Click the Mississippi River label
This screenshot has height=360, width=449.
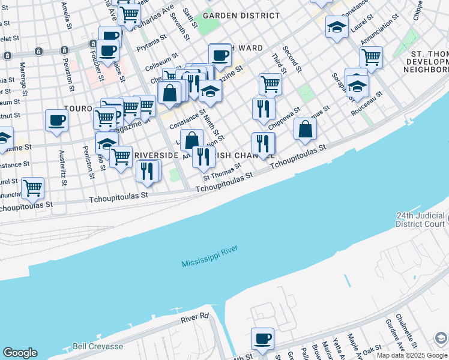coord(209,256)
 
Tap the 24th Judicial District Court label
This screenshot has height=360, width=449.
coord(421,220)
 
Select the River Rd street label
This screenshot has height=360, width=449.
coord(194,316)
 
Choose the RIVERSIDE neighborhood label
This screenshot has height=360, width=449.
coord(156,155)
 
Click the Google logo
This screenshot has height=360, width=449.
coord(20,353)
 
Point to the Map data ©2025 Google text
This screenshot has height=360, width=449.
coord(412,355)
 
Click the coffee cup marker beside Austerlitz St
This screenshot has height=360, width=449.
coord(56,120)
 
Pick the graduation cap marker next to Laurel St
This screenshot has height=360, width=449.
coord(337,26)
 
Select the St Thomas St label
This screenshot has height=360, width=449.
coord(221,173)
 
